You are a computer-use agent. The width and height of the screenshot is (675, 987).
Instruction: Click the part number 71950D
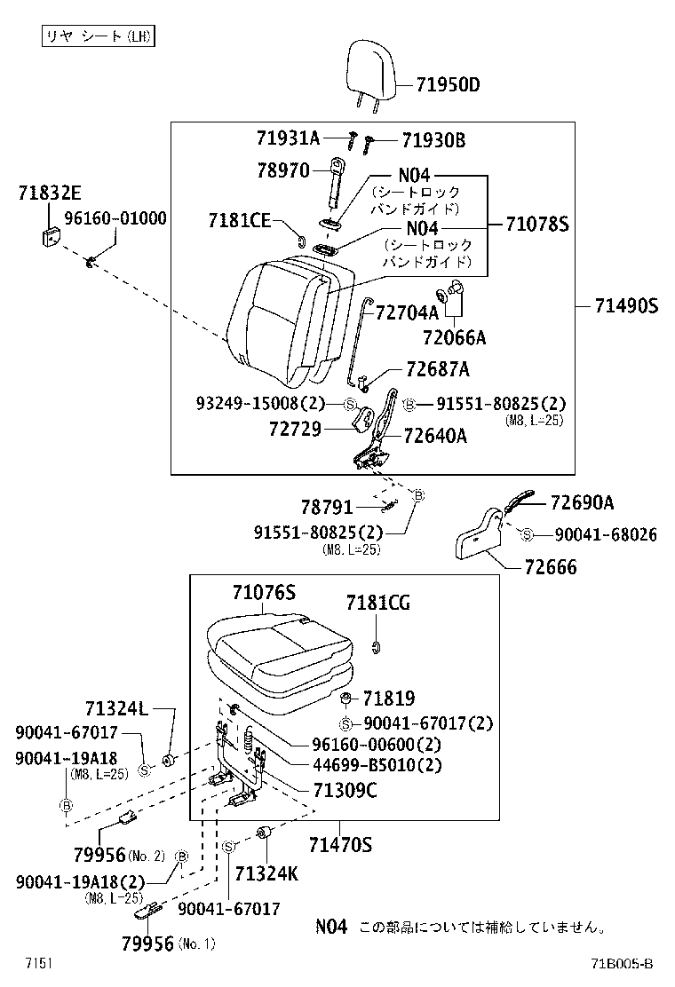click(x=448, y=85)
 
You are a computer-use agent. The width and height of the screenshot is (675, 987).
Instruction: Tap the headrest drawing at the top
click(x=367, y=67)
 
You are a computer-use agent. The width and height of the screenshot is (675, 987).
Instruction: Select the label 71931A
click(x=288, y=138)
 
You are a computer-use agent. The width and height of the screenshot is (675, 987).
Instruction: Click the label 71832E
click(x=49, y=192)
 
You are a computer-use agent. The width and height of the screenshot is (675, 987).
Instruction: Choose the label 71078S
click(x=536, y=224)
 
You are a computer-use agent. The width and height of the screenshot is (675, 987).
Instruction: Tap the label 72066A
click(x=454, y=337)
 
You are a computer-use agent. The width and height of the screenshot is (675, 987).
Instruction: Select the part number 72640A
click(x=435, y=436)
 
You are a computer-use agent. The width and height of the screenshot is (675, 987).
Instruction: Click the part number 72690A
click(x=582, y=502)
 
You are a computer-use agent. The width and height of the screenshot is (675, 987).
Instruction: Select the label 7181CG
click(x=377, y=603)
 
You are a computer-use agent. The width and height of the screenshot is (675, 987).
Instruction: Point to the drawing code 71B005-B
click(x=624, y=964)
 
